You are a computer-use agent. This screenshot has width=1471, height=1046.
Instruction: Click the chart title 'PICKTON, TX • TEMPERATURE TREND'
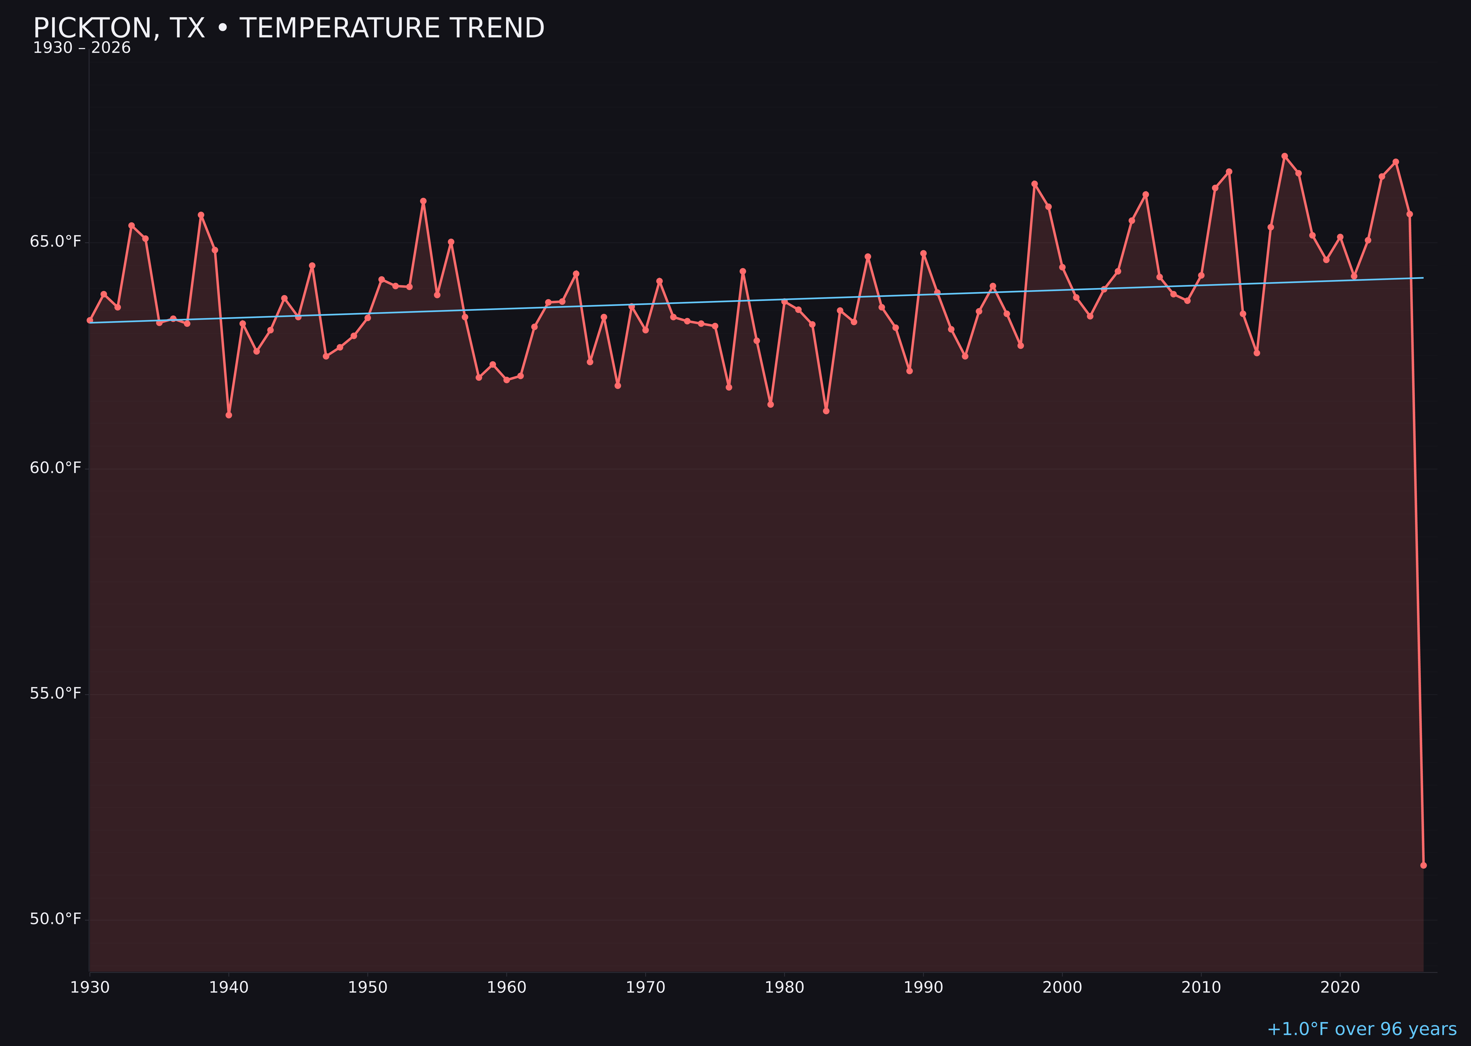(289, 28)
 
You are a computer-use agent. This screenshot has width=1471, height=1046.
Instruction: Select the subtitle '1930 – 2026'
(82, 48)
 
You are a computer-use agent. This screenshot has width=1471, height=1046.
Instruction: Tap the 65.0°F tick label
(56, 242)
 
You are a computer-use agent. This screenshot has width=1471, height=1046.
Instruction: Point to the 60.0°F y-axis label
(56, 467)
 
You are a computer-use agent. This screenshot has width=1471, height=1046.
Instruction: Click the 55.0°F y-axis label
(56, 693)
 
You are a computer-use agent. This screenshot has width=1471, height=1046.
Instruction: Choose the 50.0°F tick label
(56, 918)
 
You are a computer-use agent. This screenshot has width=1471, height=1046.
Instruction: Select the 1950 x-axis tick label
(368, 988)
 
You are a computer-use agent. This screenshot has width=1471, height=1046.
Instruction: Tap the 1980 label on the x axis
(784, 988)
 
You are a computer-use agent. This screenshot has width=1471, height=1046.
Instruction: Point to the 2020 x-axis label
(1340, 988)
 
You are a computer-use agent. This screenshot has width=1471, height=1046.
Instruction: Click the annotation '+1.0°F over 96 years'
(1361, 1029)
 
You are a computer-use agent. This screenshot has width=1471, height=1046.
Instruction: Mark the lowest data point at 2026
(1423, 865)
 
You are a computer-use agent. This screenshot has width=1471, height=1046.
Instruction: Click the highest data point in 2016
(1284, 156)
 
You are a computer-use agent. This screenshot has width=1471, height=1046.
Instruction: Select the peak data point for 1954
(423, 201)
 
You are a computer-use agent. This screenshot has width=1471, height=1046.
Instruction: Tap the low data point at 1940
(229, 415)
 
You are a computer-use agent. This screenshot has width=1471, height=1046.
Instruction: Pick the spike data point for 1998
(1034, 184)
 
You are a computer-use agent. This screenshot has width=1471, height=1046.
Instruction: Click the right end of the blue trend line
(1423, 278)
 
